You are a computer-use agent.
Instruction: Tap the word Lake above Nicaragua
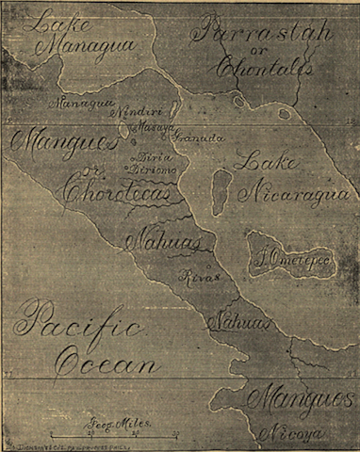pos(263,162)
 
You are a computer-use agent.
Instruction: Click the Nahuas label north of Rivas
pos(151,242)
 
